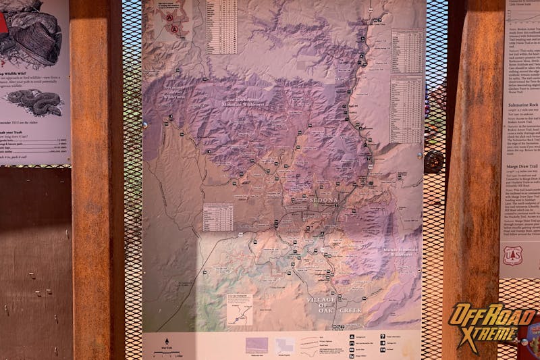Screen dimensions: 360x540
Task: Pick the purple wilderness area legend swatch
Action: [x=256, y=345]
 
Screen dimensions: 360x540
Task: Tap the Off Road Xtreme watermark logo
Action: [x=492, y=325]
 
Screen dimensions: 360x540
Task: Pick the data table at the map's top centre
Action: [x=221, y=26]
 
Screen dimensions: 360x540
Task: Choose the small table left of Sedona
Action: [x=218, y=217]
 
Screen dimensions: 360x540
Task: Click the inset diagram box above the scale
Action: [x=239, y=310]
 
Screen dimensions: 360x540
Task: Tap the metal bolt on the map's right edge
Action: [x=418, y=155]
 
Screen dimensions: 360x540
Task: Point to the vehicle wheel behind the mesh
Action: [x=434, y=161]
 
